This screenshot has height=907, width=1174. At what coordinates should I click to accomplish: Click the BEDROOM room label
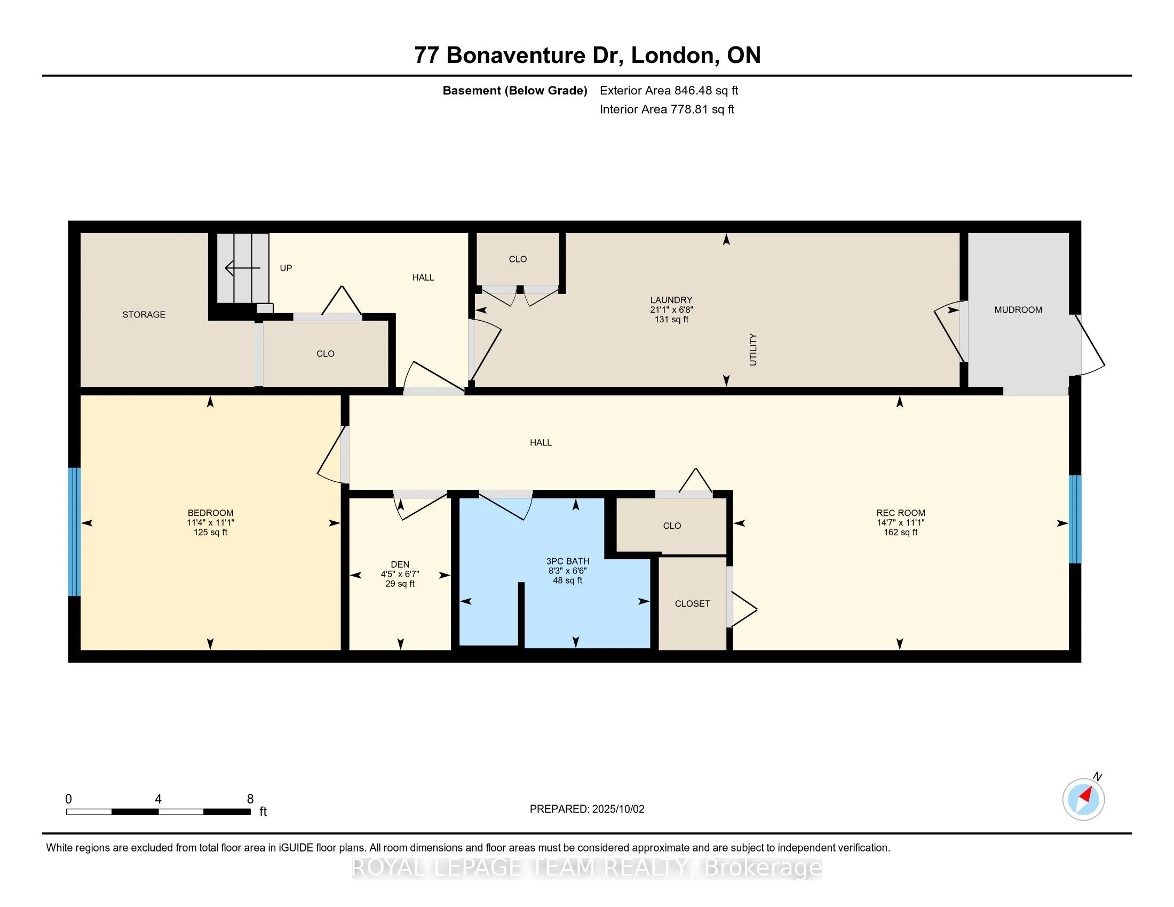pyautogui.click(x=210, y=513)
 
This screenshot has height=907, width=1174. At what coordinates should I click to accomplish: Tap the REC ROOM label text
pyautogui.click(x=900, y=513)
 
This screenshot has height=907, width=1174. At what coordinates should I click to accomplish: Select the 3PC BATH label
pyautogui.click(x=568, y=561)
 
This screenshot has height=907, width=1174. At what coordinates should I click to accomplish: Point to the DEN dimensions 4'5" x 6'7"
pyautogui.click(x=400, y=574)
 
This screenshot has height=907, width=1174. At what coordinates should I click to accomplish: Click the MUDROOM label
pyautogui.click(x=1018, y=309)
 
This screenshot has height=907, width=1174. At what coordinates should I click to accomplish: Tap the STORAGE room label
pyautogui.click(x=144, y=314)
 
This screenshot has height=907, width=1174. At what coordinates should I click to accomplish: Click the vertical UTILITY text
pyautogui.click(x=752, y=349)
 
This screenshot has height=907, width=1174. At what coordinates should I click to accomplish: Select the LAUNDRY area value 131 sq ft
pyautogui.click(x=671, y=319)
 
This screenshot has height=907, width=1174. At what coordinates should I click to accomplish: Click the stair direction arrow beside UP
pyautogui.click(x=242, y=268)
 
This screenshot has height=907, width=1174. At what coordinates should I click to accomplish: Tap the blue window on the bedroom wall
pyautogui.click(x=74, y=531)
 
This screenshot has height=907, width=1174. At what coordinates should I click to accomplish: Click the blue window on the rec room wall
pyautogui.click(x=1075, y=519)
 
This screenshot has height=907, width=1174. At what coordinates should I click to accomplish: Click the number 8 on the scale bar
pyautogui.click(x=250, y=799)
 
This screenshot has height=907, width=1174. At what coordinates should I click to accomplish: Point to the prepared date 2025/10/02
pyautogui.click(x=617, y=809)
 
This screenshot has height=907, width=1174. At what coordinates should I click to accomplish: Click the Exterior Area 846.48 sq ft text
pyautogui.click(x=669, y=90)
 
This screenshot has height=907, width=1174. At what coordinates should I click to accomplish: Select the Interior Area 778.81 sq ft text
pyautogui.click(x=667, y=109)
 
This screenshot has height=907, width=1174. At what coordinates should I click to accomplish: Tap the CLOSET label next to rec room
pyautogui.click(x=692, y=603)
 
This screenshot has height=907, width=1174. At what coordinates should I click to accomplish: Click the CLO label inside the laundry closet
pyautogui.click(x=518, y=259)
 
